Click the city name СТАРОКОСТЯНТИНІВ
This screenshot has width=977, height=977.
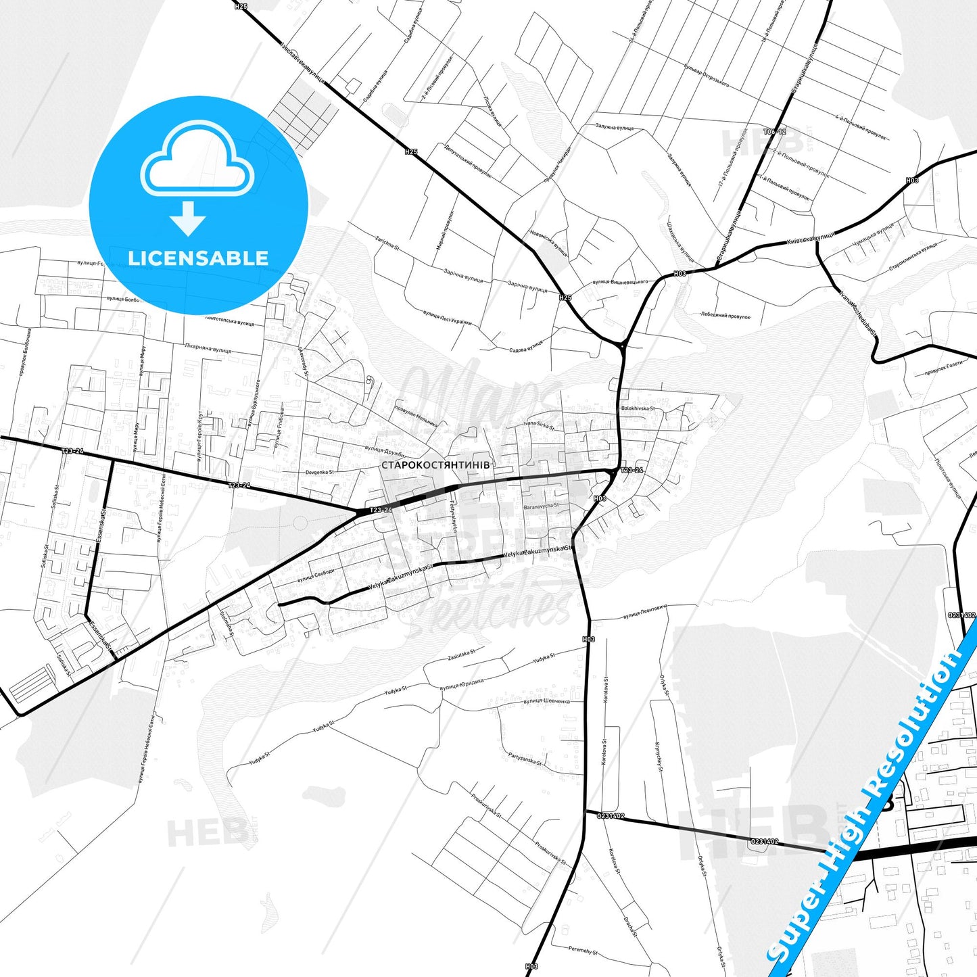pos(435,465)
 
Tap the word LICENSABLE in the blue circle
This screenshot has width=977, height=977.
pos(198,258)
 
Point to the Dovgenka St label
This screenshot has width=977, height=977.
pos(319,472)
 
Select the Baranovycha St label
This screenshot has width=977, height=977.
pos(541,506)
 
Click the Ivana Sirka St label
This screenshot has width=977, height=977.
pos(539,426)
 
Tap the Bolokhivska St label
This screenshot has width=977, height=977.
pos(638,408)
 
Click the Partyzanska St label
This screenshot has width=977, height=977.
pos(525,760)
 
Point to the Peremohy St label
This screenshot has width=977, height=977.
pos(582,951)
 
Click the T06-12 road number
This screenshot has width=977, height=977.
pos(774,132)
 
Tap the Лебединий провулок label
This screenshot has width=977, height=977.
pos(725,315)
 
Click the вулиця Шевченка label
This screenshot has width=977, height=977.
pos(546,701)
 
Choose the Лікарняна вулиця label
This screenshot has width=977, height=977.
pos(208,348)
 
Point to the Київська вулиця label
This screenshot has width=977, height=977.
pos(811,238)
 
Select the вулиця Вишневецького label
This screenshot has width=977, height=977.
pos(619,282)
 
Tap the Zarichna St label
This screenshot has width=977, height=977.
pos(387,243)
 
